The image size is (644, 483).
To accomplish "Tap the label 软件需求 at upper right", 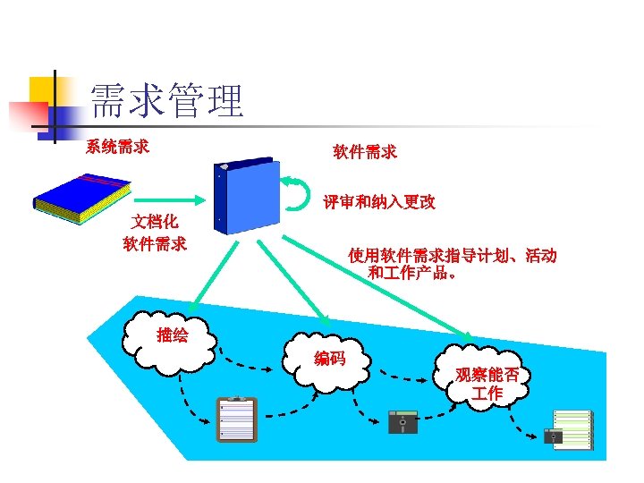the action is [x=365, y=152].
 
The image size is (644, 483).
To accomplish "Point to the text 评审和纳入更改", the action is [x=379, y=202].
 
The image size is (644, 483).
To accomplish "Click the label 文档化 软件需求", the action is [x=155, y=232].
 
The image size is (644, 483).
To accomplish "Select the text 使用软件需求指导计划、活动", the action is [x=453, y=256].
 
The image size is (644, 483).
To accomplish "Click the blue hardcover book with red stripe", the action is [x=81, y=200].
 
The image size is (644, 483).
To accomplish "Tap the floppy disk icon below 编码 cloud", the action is [x=402, y=419].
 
